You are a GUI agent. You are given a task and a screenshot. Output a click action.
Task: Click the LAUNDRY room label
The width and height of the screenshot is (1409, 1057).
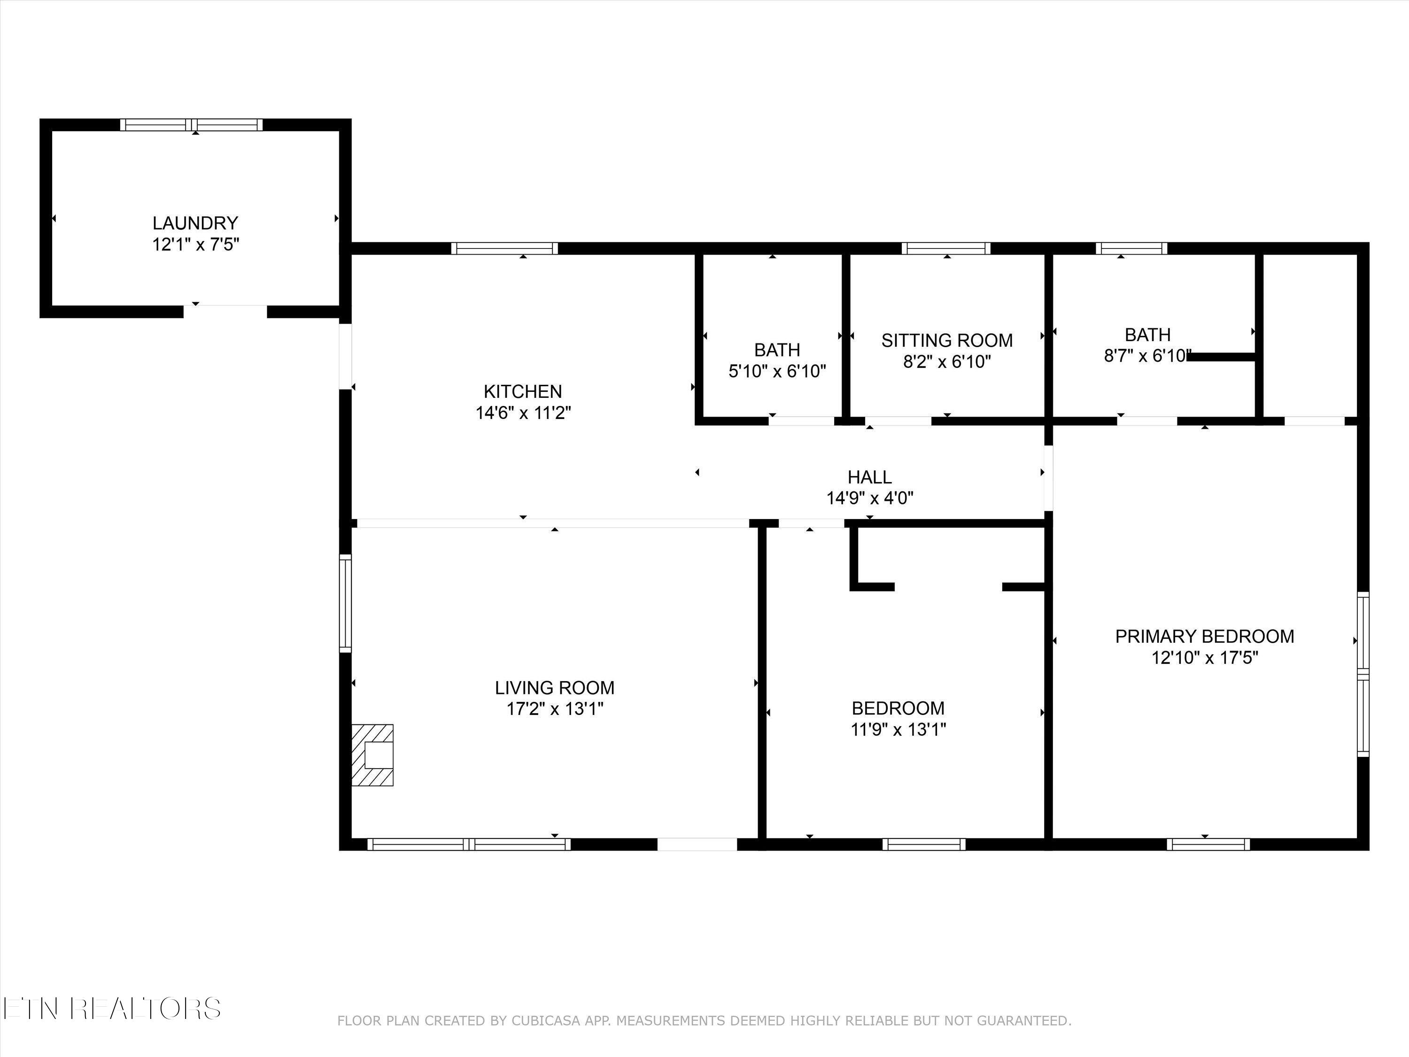pyautogui.click(x=195, y=223)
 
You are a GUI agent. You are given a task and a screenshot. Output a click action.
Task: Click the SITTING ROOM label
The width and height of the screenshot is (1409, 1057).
pyautogui.click(x=947, y=340)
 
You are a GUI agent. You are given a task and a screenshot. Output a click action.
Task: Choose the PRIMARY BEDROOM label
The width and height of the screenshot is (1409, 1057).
pyautogui.click(x=1205, y=636)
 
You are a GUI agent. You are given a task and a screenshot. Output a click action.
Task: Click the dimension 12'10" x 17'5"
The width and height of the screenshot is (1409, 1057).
pyautogui.click(x=1205, y=658)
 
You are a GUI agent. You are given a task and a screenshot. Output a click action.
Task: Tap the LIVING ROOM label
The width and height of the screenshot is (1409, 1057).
pyautogui.click(x=555, y=687)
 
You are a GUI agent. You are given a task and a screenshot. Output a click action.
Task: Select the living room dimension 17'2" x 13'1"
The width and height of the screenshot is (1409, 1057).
pyautogui.click(x=555, y=708)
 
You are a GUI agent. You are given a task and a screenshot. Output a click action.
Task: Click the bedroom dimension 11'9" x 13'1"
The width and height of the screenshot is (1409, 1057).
pyautogui.click(x=898, y=729)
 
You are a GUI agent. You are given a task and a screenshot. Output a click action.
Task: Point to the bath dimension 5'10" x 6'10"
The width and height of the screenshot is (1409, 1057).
pyautogui.click(x=777, y=371)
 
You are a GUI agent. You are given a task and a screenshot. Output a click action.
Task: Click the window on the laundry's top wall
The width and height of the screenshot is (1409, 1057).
pyautogui.click(x=192, y=125)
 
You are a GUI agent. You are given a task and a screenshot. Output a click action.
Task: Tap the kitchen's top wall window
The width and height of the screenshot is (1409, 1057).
pyautogui.click(x=505, y=249)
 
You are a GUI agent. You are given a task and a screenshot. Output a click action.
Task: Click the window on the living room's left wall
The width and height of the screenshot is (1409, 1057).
pyautogui.click(x=345, y=603)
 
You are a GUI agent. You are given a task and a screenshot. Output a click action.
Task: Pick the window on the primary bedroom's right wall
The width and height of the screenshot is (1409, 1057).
pyautogui.click(x=1363, y=674)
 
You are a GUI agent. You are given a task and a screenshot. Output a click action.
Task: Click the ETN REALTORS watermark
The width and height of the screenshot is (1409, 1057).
pyautogui.click(x=112, y=1009)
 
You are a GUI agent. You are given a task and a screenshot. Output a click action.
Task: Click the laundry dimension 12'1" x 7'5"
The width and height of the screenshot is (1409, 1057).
pyautogui.click(x=195, y=245)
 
